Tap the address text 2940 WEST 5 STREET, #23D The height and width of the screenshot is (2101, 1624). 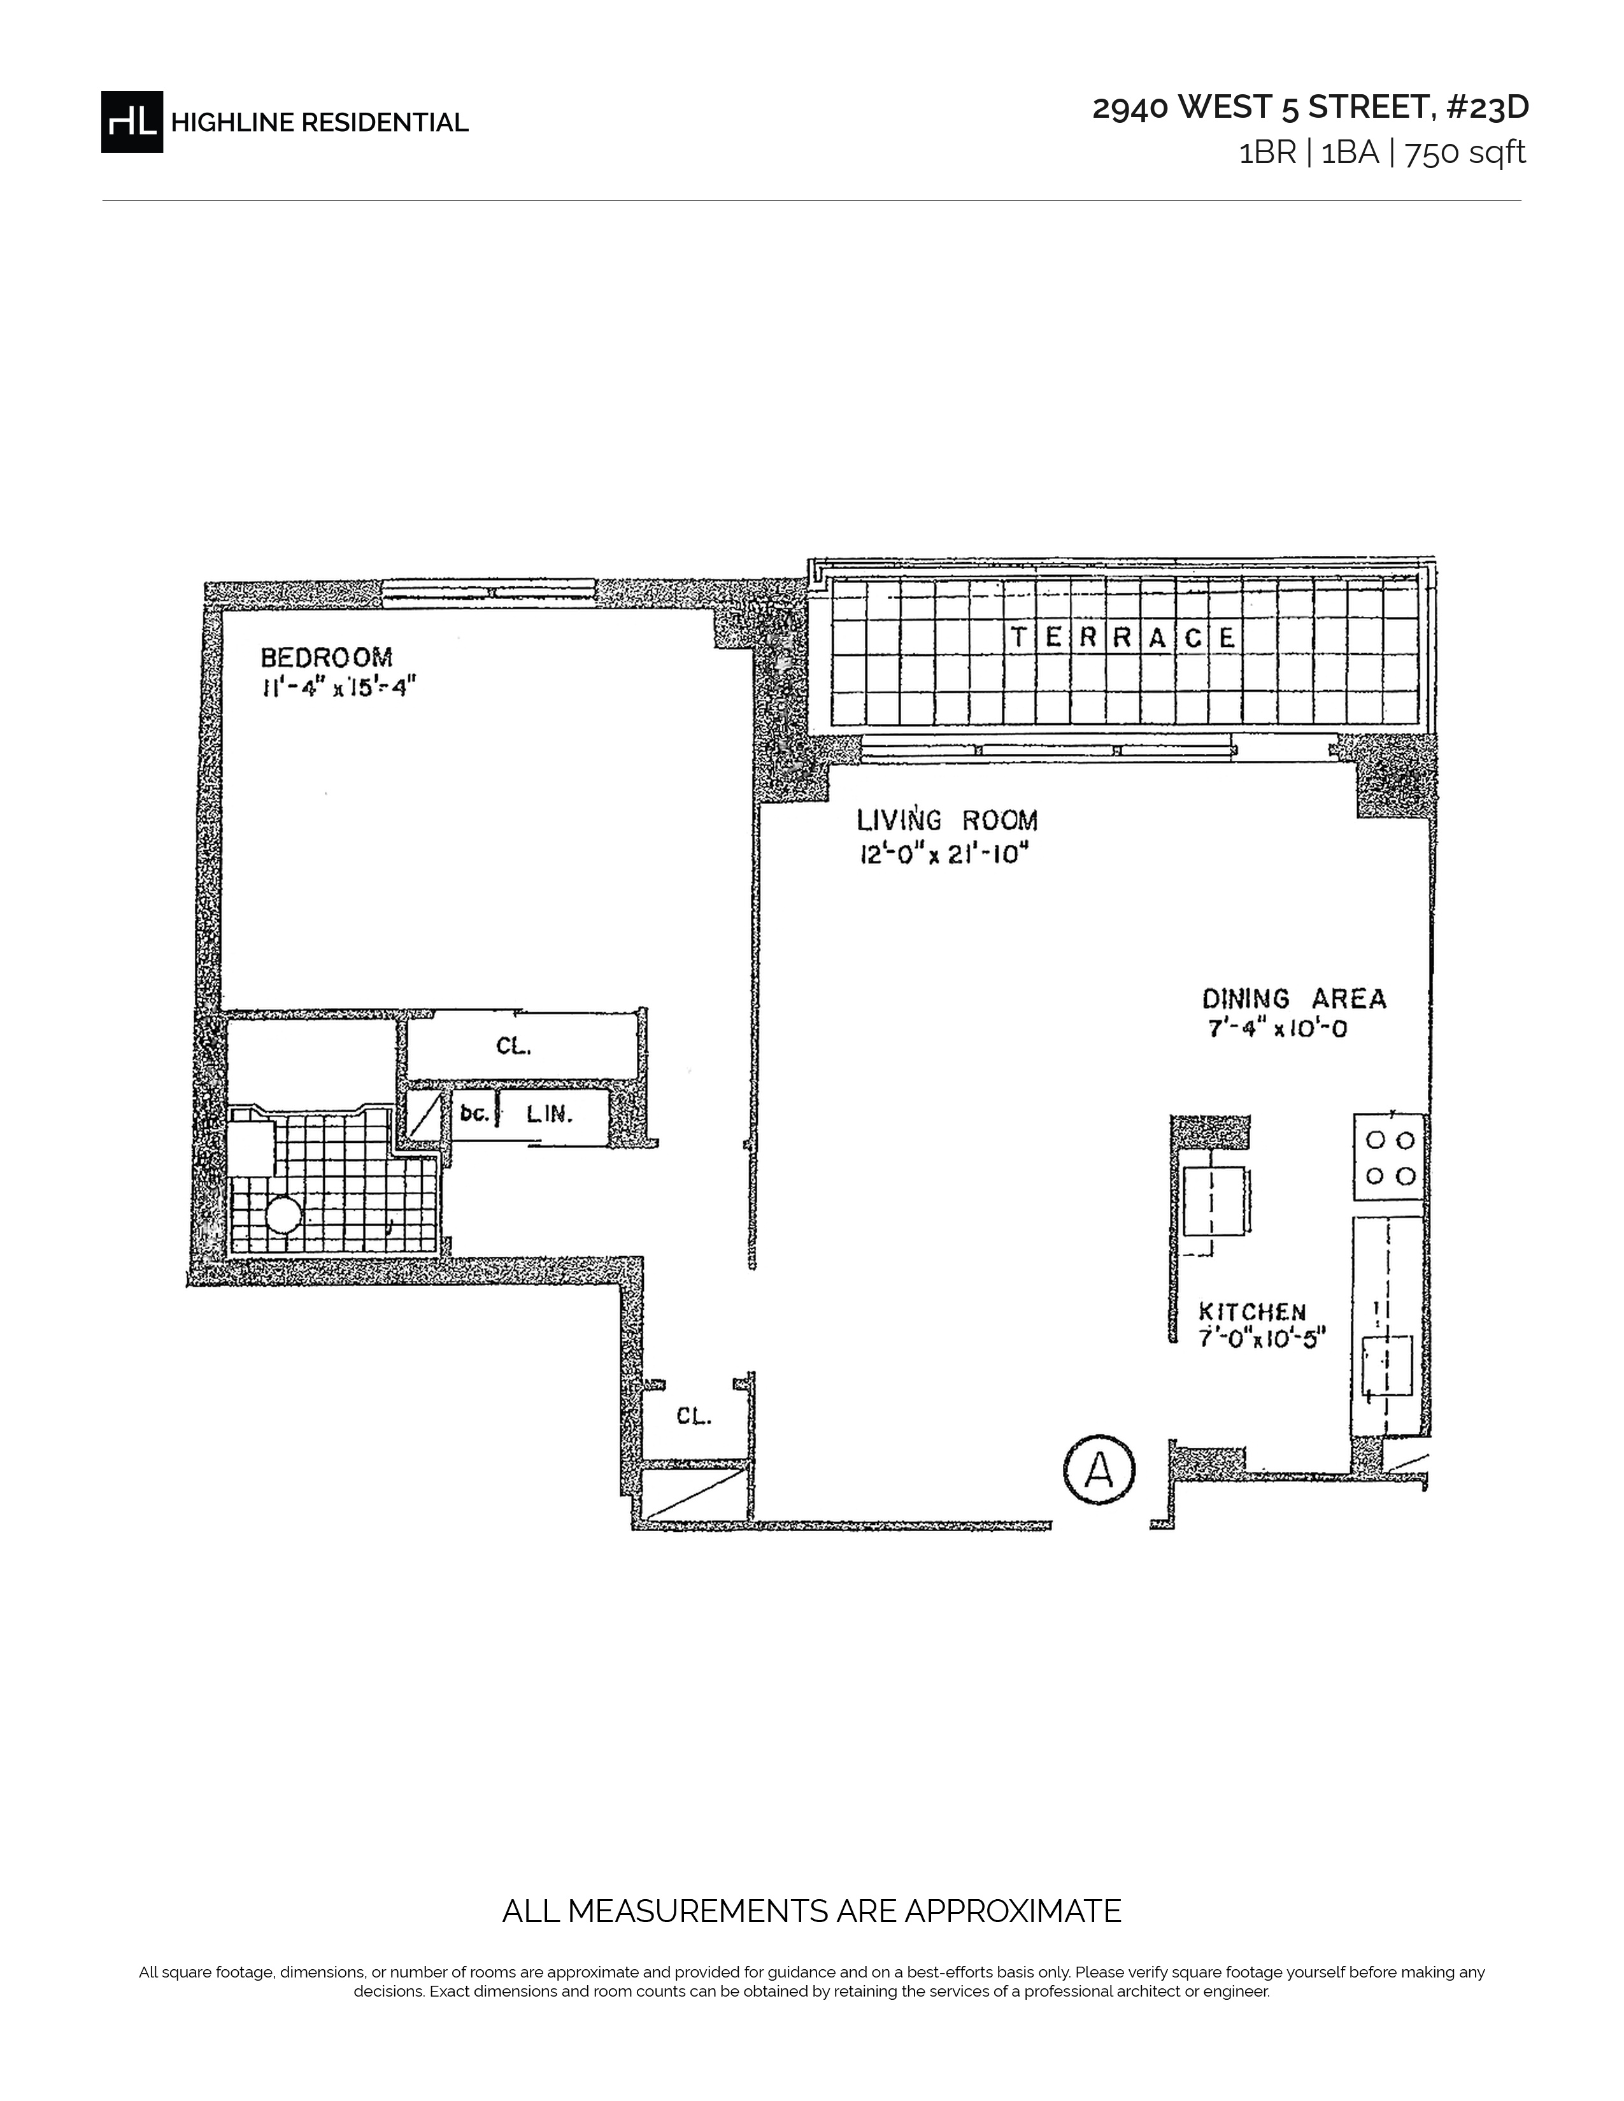[x=1311, y=108]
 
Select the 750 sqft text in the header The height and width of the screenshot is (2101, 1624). [x=1466, y=153]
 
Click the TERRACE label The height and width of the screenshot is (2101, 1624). [x=1123, y=637]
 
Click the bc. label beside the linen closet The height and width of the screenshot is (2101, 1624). [x=475, y=1114]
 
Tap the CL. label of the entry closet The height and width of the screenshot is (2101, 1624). [x=694, y=1417]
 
